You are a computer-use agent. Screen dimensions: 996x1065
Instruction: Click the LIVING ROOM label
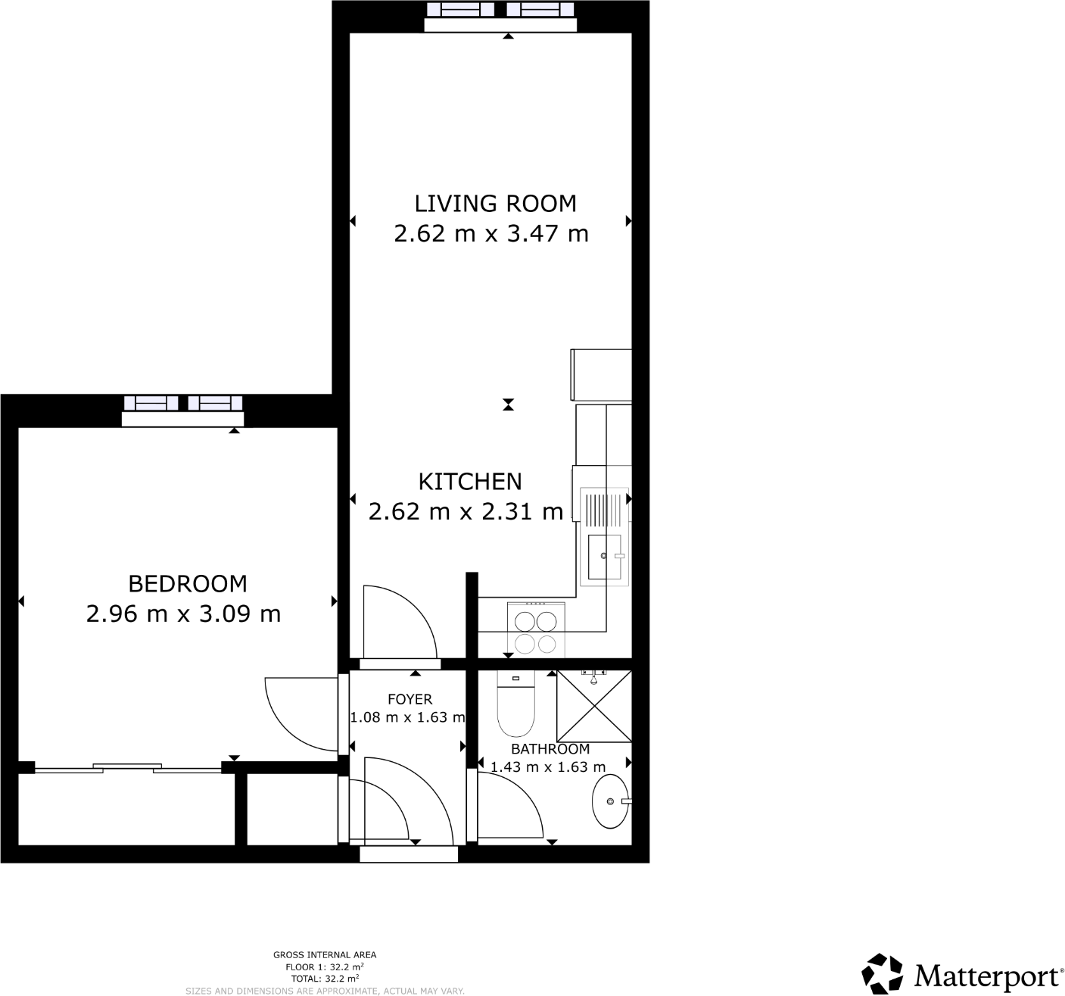pyautogui.click(x=495, y=204)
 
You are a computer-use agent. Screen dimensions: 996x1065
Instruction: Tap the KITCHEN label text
pyautogui.click(x=470, y=482)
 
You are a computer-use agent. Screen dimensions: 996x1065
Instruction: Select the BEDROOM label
pyautogui.click(x=188, y=584)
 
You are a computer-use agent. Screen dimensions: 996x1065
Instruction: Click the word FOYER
pyautogui.click(x=409, y=699)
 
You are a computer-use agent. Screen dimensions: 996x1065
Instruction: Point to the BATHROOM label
pyautogui.click(x=550, y=749)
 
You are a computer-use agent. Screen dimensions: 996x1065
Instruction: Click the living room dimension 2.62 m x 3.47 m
pyautogui.click(x=491, y=233)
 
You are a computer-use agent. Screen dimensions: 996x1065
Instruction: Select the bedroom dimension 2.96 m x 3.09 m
pyautogui.click(x=183, y=614)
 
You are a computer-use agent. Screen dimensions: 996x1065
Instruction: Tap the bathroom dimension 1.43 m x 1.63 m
pyautogui.click(x=548, y=767)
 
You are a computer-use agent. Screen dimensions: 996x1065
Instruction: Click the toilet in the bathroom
pyautogui.click(x=515, y=706)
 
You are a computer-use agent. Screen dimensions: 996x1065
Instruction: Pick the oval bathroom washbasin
pyautogui.click(x=610, y=801)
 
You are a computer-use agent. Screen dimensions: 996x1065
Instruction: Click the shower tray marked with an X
pyautogui.click(x=594, y=706)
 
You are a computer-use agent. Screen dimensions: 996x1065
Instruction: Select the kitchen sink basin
pyautogui.click(x=605, y=557)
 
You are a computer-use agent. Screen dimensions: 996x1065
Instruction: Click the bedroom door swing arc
pyautogui.click(x=295, y=712)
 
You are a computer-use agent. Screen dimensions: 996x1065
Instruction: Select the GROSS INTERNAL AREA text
pyautogui.click(x=325, y=955)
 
